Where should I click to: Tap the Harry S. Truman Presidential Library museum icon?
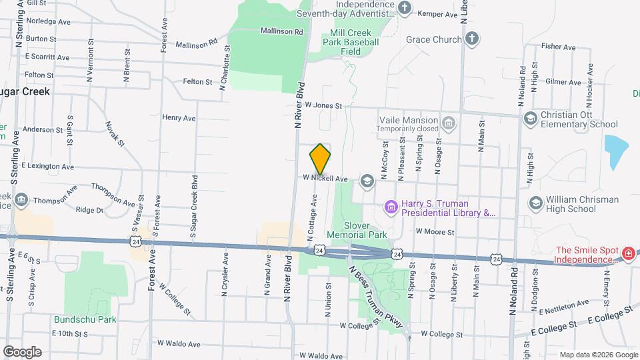click(x=391, y=209)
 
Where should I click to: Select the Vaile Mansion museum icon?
click(x=449, y=123)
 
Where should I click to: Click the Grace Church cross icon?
click(x=471, y=39)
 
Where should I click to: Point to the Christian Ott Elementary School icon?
click(x=531, y=119)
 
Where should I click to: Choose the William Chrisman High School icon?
click(x=535, y=203)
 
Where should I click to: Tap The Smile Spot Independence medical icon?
click(x=628, y=254)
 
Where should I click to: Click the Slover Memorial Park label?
click(x=366, y=230)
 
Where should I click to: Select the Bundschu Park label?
click(x=85, y=319)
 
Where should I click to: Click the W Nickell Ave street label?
click(x=326, y=179)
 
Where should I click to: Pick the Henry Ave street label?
click(x=179, y=117)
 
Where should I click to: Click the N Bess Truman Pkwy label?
click(x=377, y=297)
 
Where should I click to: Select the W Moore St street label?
click(x=435, y=232)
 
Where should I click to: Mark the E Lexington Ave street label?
click(x=47, y=165)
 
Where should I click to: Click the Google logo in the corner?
click(x=22, y=351)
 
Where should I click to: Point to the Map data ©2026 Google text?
click(x=597, y=355)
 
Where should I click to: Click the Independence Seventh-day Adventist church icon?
click(x=405, y=7)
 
